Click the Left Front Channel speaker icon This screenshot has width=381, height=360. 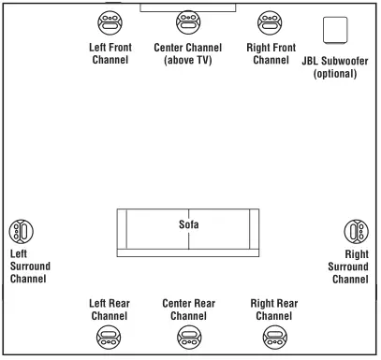[109, 22]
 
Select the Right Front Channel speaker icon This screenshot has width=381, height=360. [270, 22]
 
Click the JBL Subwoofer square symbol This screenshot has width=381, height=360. [335, 30]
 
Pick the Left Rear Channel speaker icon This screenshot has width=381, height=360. [109, 337]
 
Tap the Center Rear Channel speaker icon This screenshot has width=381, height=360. [188, 337]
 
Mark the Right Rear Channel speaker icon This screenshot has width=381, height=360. [273, 337]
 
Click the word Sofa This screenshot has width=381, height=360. [188, 224]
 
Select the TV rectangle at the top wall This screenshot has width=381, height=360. [187, 6]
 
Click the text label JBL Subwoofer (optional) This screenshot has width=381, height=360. [335, 67]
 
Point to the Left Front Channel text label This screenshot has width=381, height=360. [109, 53]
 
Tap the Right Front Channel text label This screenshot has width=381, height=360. [270, 53]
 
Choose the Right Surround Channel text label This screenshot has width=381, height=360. [349, 266]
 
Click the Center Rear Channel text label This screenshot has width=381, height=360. [188, 310]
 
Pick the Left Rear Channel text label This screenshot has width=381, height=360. [109, 310]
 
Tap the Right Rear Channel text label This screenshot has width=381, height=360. [273, 310]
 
